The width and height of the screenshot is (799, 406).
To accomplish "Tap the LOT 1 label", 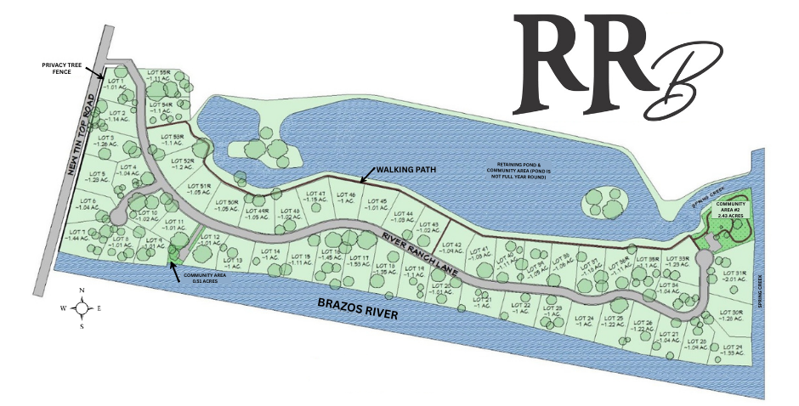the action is point(115,83).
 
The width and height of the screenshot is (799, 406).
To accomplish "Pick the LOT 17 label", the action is point(360,261).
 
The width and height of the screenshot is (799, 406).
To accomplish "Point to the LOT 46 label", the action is point(345,199).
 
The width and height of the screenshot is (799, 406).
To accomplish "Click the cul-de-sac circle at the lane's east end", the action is point(704,257).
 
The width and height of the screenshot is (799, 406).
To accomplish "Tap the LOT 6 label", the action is point(88,204).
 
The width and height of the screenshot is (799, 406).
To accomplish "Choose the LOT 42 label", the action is point(450,247).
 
